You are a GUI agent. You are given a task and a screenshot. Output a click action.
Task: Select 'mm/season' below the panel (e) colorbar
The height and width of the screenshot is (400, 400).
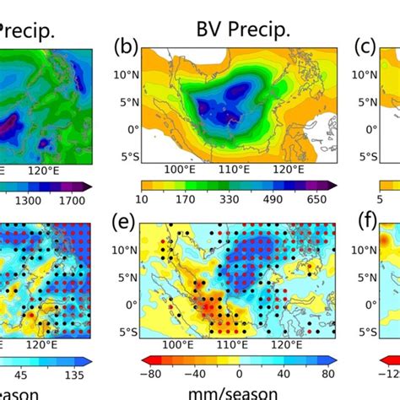[239, 394]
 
